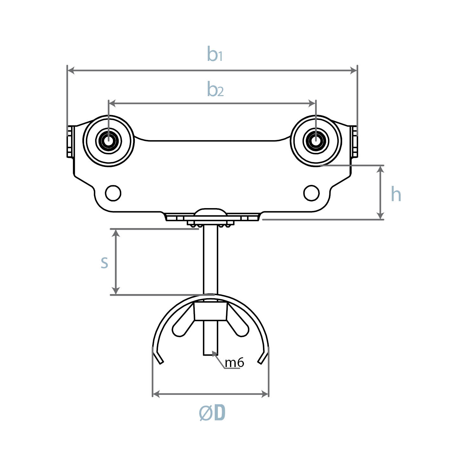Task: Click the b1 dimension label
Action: [215, 54]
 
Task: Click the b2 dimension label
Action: [215, 89]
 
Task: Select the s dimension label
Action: [104, 262]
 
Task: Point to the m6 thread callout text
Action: [234, 362]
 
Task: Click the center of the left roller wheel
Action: [109, 141]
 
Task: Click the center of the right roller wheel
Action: [316, 141]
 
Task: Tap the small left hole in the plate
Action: [113, 193]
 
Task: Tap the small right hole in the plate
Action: [311, 193]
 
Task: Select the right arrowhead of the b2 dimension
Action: [312, 103]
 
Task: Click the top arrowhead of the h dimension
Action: [380, 169]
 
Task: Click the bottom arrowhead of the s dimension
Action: [116, 291]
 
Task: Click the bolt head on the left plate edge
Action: [71, 141]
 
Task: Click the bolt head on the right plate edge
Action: [354, 141]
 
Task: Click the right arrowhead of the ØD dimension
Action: [265, 394]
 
